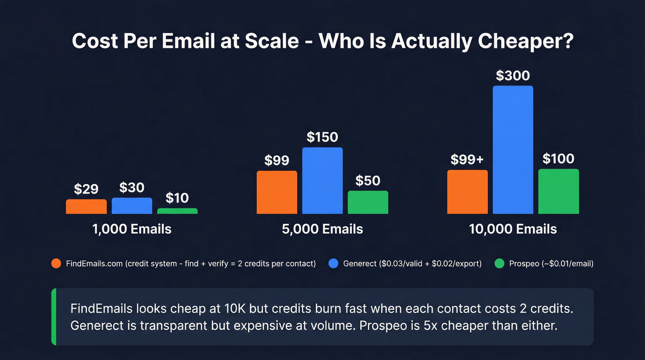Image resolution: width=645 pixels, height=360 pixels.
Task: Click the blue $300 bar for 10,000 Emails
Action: pyautogui.click(x=513, y=150)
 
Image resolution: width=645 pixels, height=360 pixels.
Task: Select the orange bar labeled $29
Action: pyautogui.click(x=86, y=207)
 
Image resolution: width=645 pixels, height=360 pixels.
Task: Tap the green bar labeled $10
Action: pyautogui.click(x=177, y=211)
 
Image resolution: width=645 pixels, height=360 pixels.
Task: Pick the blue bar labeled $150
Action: pyautogui.click(x=322, y=181)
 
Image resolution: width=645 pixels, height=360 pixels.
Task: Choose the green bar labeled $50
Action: pyautogui.click(x=368, y=202)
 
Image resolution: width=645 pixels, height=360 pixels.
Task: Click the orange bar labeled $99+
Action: pyautogui.click(x=467, y=192)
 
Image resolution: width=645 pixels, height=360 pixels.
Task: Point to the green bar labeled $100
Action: pyautogui.click(x=558, y=191)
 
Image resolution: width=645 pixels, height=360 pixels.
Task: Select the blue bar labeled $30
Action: pyautogui.click(x=132, y=206)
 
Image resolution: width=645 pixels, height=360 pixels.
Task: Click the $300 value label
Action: pyautogui.click(x=512, y=76)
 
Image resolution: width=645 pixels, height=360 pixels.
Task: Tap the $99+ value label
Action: pyautogui.click(x=467, y=160)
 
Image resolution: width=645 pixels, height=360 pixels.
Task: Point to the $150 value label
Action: pyautogui.click(x=322, y=137)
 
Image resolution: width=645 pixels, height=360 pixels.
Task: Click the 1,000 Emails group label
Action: pyautogui.click(x=132, y=229)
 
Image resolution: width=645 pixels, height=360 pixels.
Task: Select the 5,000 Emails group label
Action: pyautogui.click(x=322, y=229)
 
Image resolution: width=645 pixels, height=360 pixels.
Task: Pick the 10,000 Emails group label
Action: pyautogui.click(x=513, y=229)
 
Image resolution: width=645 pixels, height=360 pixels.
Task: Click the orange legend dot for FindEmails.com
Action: pyautogui.click(x=56, y=264)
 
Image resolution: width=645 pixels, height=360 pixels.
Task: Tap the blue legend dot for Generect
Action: pyautogui.click(x=334, y=264)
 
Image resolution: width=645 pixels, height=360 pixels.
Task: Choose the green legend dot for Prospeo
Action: pyautogui.click(x=499, y=264)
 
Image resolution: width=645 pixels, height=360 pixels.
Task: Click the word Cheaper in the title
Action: pyautogui.click(x=522, y=41)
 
